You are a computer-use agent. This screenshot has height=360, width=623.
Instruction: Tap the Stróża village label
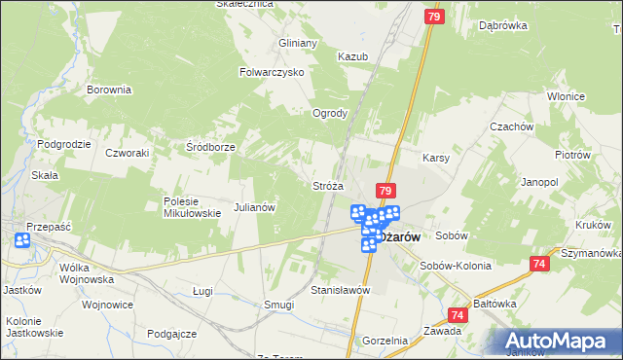pos(327,185)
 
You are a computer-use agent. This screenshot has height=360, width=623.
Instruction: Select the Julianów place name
pos(256,207)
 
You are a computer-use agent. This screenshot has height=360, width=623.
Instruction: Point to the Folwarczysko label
pos(273,72)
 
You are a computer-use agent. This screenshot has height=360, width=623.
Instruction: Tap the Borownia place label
pos(109,90)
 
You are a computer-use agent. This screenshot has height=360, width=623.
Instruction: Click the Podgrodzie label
pos(64,144)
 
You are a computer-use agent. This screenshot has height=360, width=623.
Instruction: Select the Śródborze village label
pos(211,147)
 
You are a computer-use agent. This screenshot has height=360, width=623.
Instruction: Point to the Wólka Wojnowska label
pos(87,272)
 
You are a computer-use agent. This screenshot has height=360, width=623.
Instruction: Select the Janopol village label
pos(539,182)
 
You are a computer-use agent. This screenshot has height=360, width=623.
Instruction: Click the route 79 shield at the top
pos(435,17)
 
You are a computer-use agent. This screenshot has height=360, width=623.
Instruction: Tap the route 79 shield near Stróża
pos(385,192)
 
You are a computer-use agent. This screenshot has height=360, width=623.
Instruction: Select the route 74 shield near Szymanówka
pos(541,264)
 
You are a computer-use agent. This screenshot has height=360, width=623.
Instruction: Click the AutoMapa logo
pos(560,341)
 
